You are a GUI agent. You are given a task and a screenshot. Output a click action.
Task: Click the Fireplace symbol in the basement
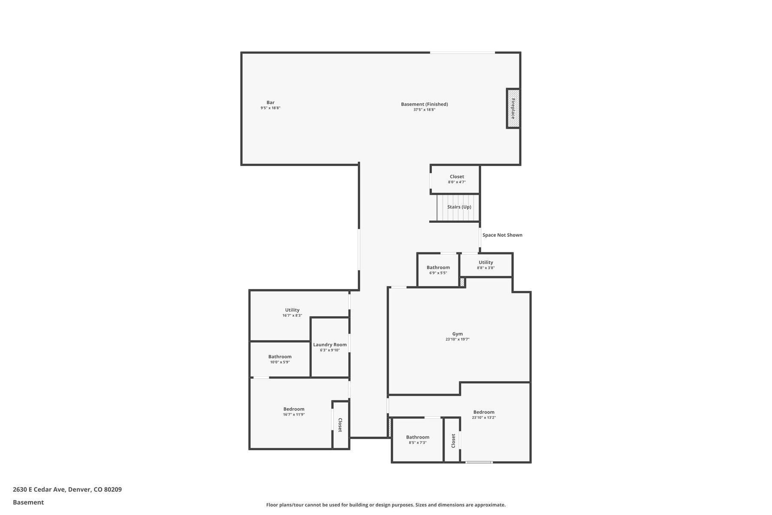click(x=513, y=108)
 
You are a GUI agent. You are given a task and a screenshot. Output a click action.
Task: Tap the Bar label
click(x=270, y=103)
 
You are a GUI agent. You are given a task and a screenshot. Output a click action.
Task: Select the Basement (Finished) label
click(x=424, y=104)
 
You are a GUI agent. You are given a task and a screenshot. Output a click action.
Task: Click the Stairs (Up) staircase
click(x=458, y=208)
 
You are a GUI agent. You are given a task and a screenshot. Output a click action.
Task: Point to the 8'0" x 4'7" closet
click(x=455, y=179)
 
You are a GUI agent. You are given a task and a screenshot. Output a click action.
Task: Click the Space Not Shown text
click(x=502, y=235)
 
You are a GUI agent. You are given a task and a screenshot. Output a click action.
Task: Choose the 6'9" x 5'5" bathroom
click(x=438, y=270)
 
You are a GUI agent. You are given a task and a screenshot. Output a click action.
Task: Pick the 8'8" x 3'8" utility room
click(x=486, y=265)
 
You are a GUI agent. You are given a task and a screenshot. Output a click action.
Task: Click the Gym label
click(x=458, y=334)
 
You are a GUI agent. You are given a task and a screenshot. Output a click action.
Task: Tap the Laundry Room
click(x=330, y=347)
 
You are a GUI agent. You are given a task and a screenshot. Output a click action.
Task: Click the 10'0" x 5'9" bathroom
click(x=280, y=359)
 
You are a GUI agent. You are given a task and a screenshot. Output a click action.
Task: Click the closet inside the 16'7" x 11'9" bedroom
click(x=341, y=425)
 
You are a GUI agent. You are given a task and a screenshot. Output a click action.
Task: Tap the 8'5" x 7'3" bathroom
click(x=417, y=440)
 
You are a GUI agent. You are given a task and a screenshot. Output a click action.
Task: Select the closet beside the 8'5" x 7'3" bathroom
click(x=452, y=440)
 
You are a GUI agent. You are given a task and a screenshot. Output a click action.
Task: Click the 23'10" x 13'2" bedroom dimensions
click(x=484, y=418)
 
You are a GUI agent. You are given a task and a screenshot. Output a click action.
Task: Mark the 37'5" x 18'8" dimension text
click(x=424, y=110)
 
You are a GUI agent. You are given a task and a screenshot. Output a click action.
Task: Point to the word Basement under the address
click(x=28, y=503)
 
